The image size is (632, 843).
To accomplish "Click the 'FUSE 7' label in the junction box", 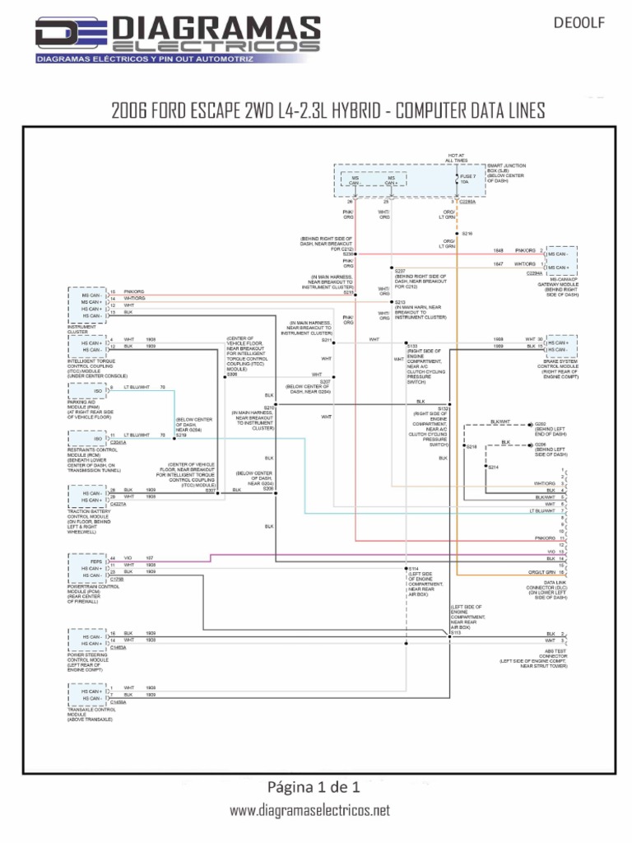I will [469, 177].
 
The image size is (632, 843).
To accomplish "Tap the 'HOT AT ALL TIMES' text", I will [457, 158].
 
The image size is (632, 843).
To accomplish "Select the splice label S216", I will [467, 234].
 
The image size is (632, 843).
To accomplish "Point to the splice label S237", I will [400, 270].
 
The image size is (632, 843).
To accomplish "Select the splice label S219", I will [181, 435].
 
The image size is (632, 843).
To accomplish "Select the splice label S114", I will [413, 569].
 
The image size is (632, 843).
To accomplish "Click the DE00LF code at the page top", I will [586, 24].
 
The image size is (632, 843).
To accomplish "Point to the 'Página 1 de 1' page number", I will [315, 785].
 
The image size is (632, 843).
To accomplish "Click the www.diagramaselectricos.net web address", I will [309, 810].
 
